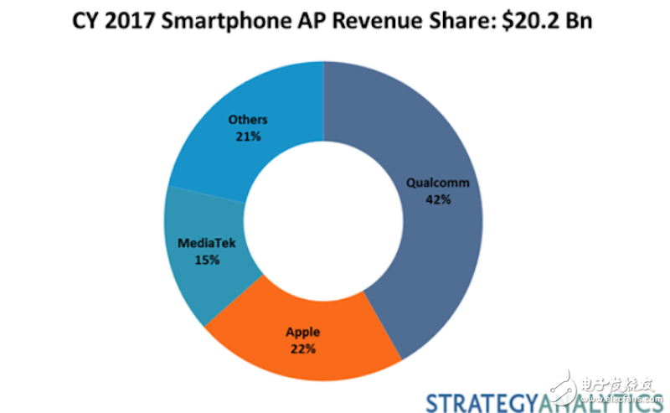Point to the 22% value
303,348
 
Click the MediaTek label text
205,244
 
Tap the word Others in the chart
248,120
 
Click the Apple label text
303,333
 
